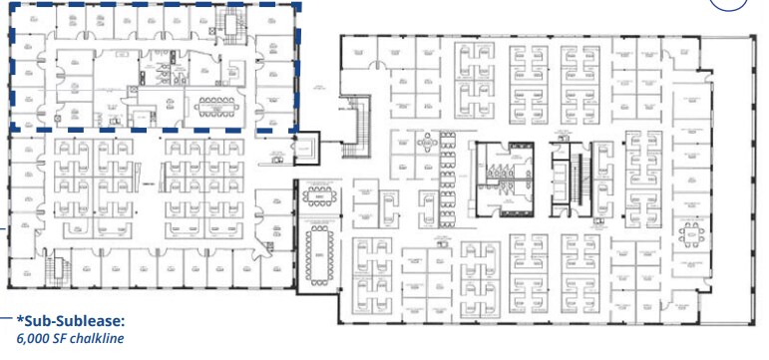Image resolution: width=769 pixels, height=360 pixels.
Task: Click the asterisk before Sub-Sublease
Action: tap(19, 320)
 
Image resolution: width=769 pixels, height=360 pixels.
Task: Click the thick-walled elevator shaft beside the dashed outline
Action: tap(302, 148)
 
